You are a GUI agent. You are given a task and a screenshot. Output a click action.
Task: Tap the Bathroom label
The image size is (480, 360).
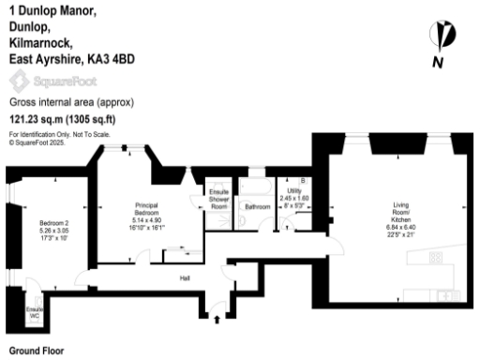coord(256,206)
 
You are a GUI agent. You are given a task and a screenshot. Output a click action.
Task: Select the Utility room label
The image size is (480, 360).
coord(293,190)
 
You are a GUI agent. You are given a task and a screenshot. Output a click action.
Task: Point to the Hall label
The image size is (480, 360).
coord(186,277)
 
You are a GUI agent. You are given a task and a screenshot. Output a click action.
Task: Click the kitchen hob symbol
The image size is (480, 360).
coord(435,258)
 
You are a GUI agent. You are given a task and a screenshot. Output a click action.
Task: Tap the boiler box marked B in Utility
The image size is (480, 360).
coord(302,180)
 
